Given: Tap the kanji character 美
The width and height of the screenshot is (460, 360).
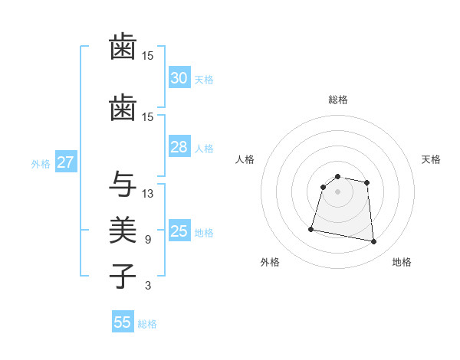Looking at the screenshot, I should click(123, 230).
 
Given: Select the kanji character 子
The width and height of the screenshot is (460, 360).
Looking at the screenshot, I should click(123, 276).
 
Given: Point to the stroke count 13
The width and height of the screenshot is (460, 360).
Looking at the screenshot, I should click(148, 193).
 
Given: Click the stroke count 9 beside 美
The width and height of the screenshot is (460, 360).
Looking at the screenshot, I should click(148, 240).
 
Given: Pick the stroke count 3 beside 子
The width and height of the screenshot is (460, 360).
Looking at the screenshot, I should click(148, 286).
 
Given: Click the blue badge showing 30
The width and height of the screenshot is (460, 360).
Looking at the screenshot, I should click(179, 78).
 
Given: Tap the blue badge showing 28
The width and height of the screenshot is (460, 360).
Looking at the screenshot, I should click(179, 147).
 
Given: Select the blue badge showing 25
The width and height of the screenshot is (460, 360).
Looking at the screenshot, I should click(179, 231).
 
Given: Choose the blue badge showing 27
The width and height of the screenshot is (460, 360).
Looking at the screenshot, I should click(65, 162).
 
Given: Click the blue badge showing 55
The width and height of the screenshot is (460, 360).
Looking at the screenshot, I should click(123, 322).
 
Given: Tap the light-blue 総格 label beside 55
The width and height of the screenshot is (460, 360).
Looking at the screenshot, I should click(147, 324).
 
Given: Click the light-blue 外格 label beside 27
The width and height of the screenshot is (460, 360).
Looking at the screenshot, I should click(41, 163).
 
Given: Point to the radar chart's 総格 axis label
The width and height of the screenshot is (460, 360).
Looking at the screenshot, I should click(337, 100).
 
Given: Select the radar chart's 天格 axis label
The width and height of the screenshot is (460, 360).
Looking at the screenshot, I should click(431, 159).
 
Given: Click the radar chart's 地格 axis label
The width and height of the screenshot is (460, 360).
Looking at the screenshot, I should click(402, 262).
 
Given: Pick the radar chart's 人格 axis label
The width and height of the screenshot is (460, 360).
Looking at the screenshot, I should click(245, 159).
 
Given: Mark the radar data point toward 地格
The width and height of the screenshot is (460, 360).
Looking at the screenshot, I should click(373, 242).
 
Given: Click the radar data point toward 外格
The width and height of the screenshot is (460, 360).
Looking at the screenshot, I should click(311, 229).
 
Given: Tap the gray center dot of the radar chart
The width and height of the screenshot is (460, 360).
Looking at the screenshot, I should click(337, 191).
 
